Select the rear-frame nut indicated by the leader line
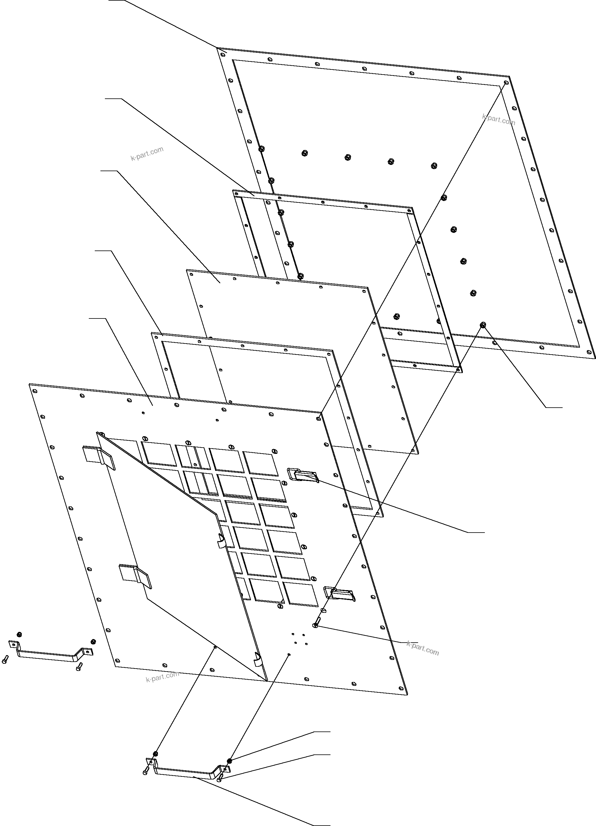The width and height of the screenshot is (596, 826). pyautogui.click(x=483, y=324)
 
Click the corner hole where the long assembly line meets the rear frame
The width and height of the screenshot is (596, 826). pyautogui.click(x=506, y=83)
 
